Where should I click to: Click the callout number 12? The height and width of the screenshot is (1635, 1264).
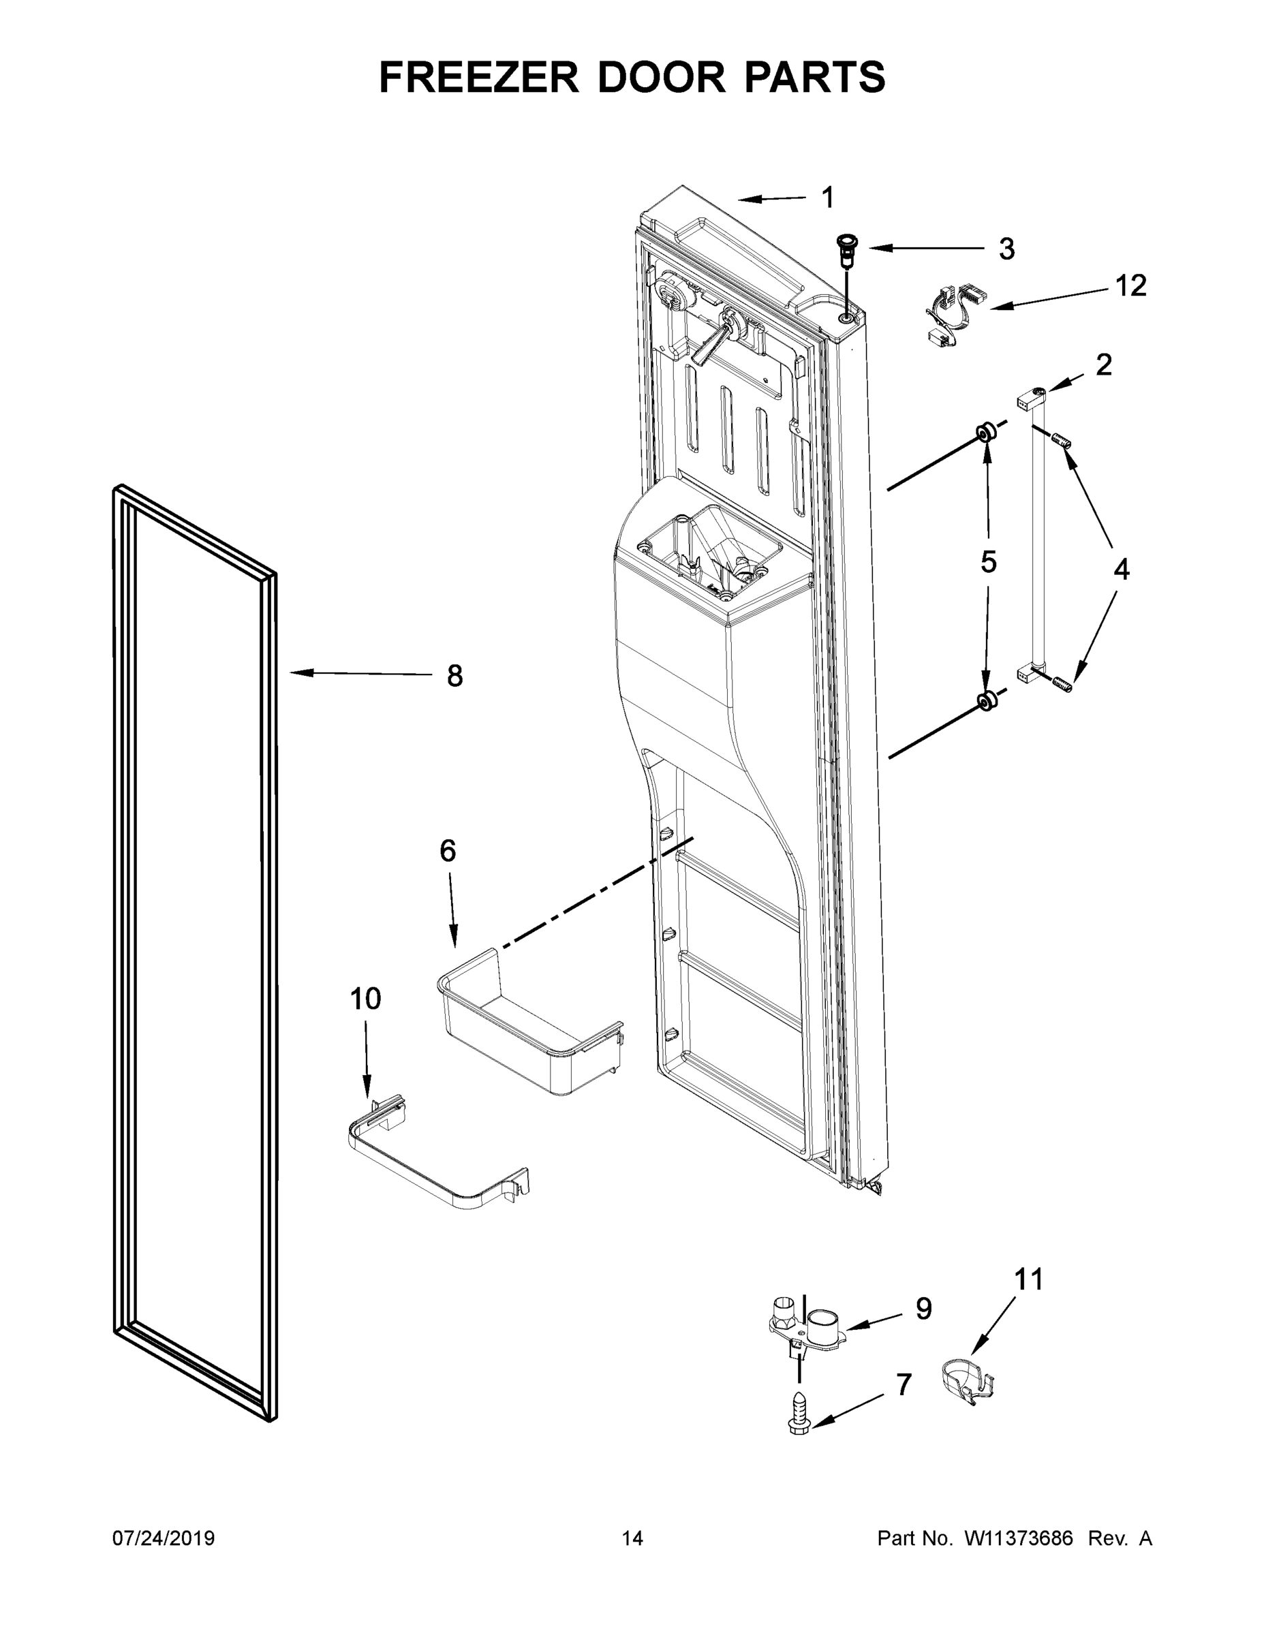coord(1130,285)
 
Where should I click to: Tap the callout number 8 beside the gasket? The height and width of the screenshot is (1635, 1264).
coord(454,676)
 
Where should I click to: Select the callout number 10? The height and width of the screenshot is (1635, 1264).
coord(365,998)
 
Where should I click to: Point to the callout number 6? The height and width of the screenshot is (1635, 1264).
coord(447,850)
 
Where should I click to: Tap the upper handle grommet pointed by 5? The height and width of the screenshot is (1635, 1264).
coord(985,432)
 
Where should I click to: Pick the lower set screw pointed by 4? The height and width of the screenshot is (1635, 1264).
coord(1062,683)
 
